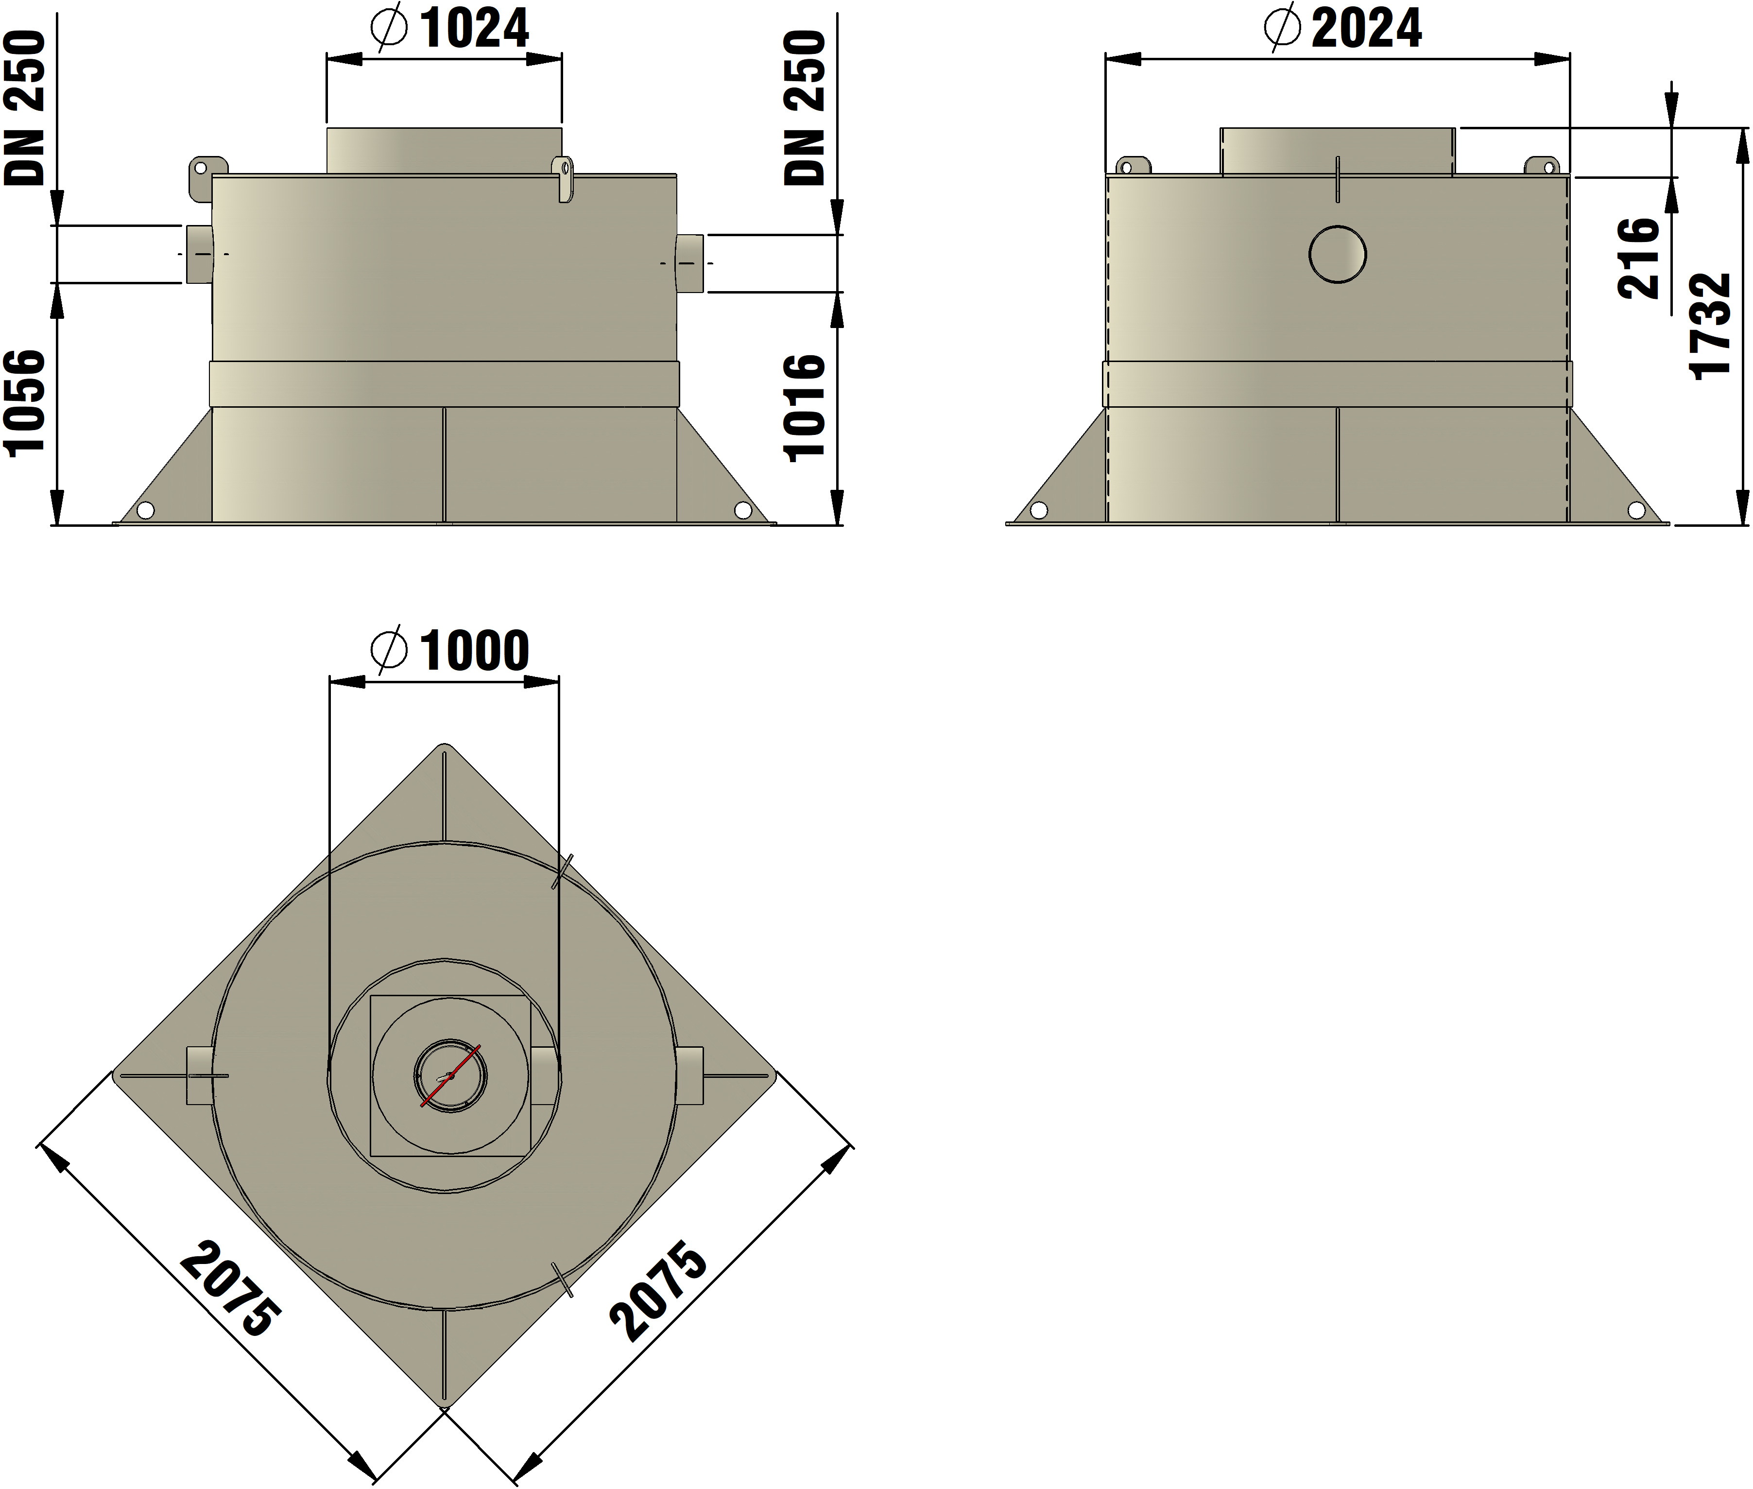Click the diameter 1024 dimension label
tap(450, 29)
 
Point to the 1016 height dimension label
tap(804, 408)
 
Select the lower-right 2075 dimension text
tap(658, 1290)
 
